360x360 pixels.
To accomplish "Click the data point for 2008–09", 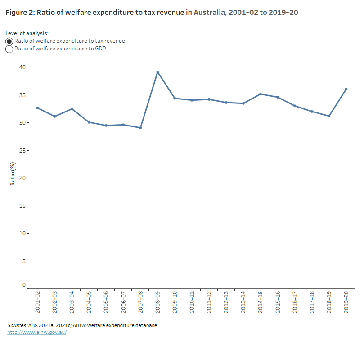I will (x=157, y=72).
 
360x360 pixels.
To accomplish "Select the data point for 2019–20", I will (x=346, y=89).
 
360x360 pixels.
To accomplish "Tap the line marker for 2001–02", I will (x=37, y=108).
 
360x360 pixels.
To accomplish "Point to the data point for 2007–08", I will (x=140, y=128).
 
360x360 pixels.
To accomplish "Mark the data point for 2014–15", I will (x=261, y=94).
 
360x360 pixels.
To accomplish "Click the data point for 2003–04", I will (x=72, y=109).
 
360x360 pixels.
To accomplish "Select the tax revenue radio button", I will (x=9, y=41).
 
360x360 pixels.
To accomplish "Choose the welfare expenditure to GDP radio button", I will (x=9, y=49).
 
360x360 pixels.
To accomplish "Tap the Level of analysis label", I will (x=27, y=33).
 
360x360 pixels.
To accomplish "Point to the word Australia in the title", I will (x=209, y=13).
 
